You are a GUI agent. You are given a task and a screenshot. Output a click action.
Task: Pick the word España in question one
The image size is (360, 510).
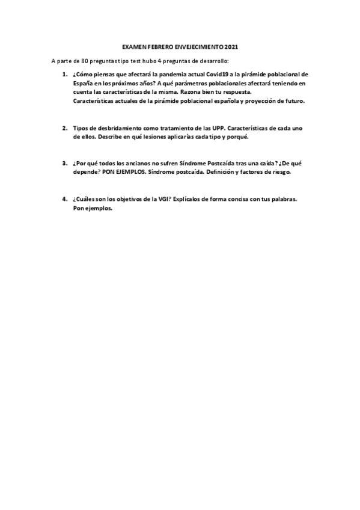pos(83,84)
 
